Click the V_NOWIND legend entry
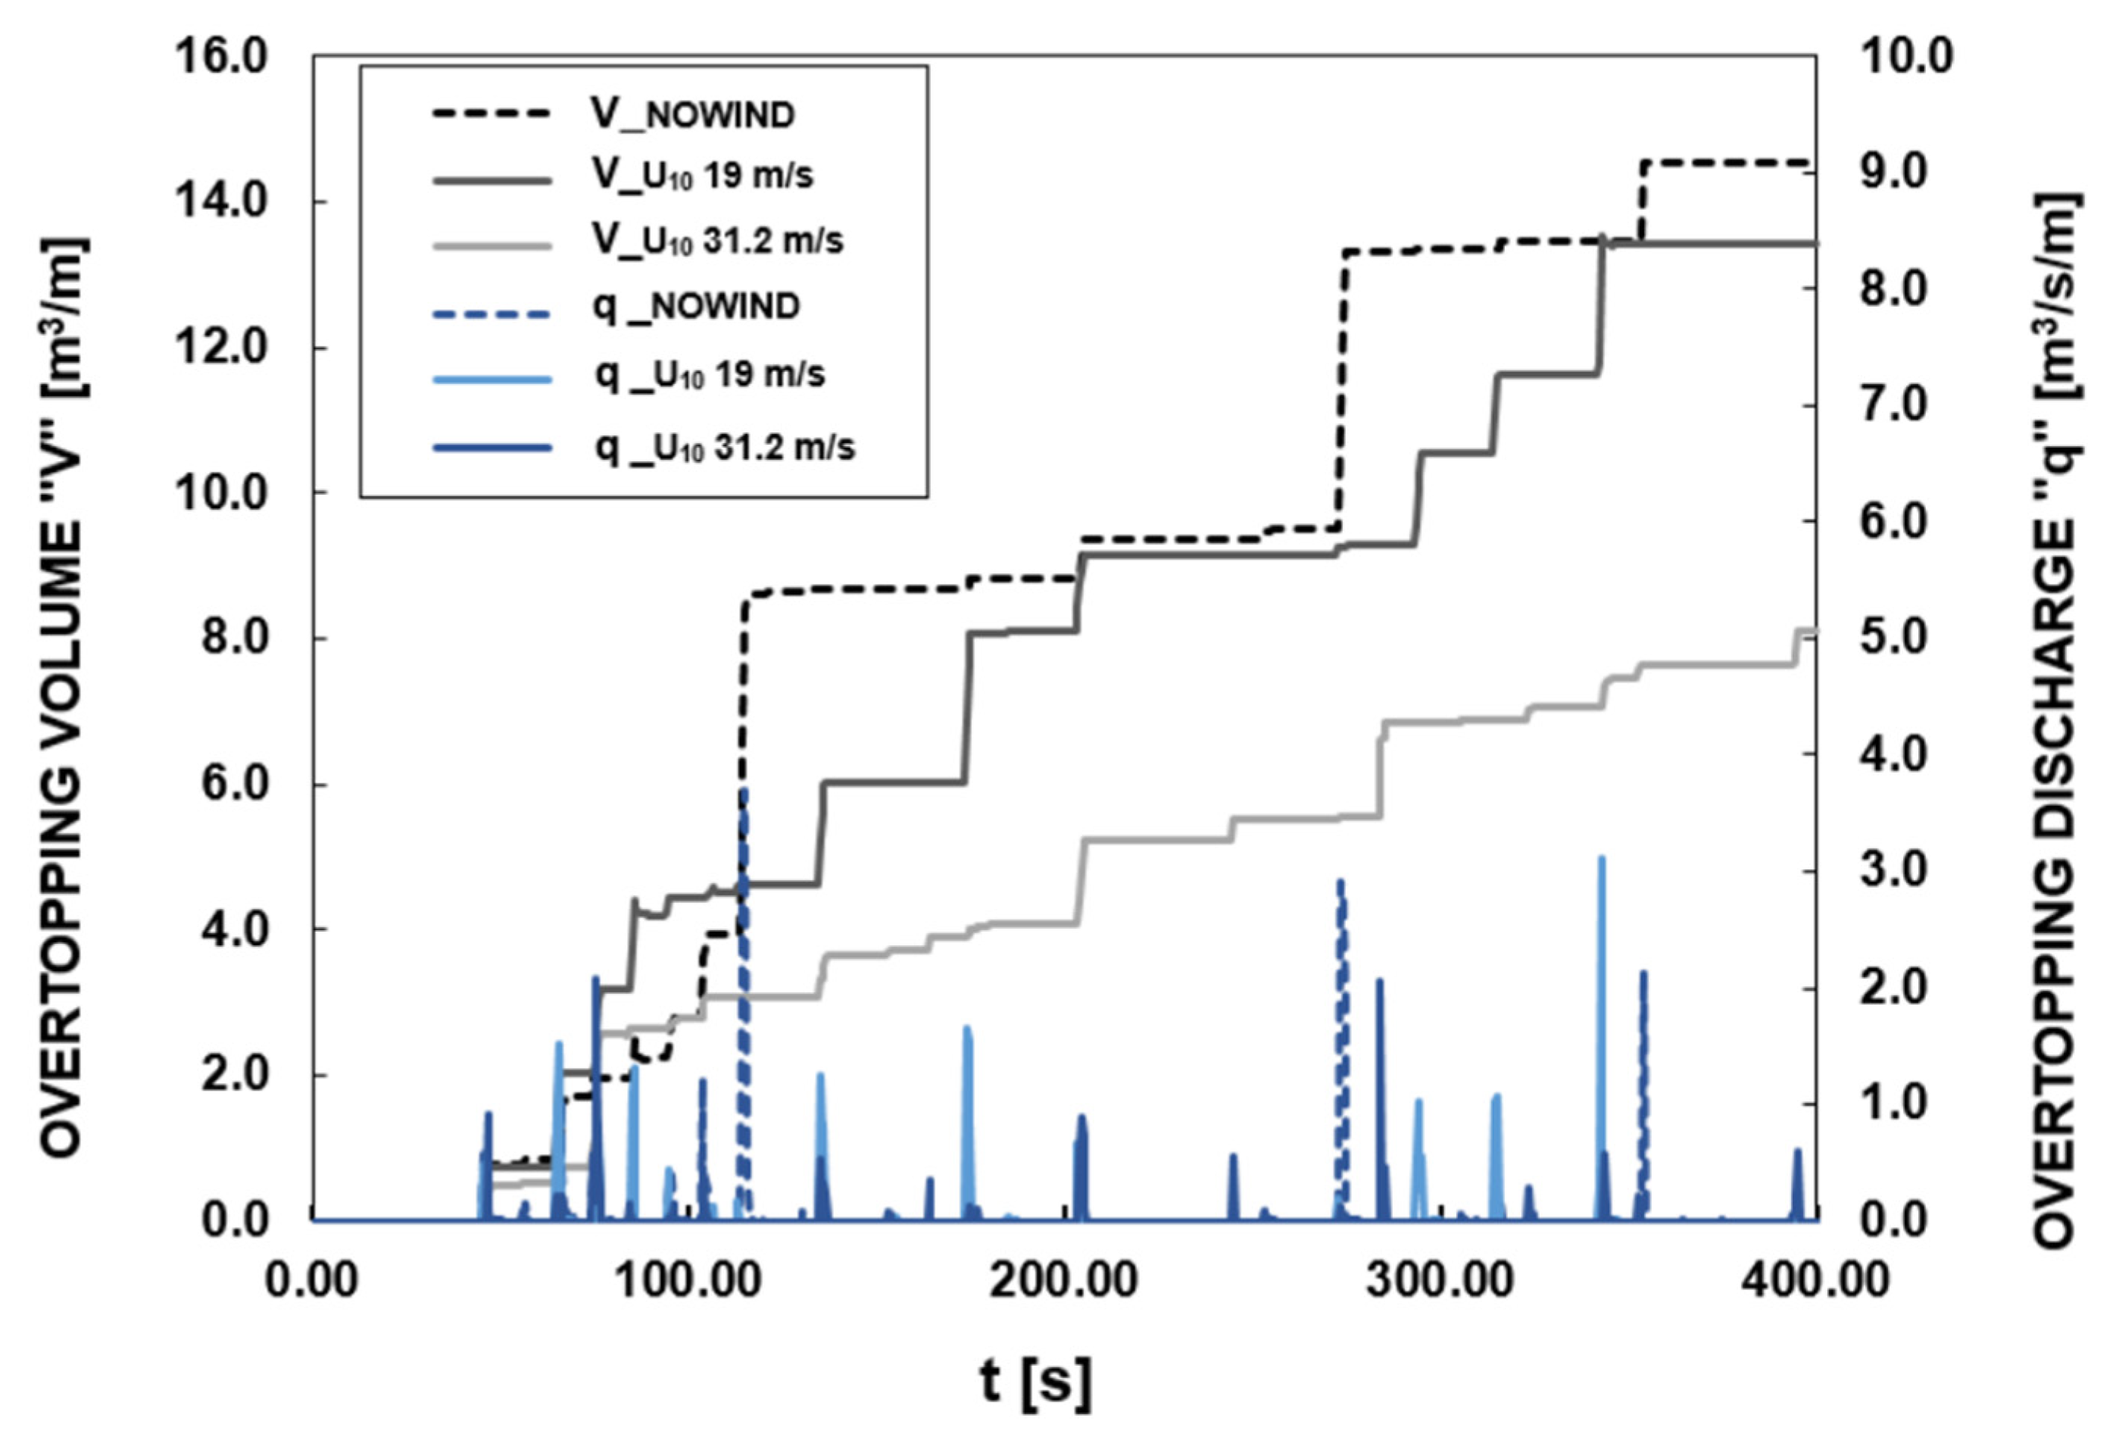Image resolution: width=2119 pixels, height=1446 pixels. (x=692, y=116)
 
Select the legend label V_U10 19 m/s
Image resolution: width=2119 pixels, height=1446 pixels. (x=702, y=175)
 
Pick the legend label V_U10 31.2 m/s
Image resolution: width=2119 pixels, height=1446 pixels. (x=718, y=240)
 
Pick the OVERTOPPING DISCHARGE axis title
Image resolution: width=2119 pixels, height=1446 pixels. (x=2055, y=720)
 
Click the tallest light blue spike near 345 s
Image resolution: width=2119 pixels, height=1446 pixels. (x=1600, y=859)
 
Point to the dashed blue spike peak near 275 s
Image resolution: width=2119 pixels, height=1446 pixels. (x=1340, y=882)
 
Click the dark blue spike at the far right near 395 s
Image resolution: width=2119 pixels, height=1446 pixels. (x=1797, y=1151)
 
